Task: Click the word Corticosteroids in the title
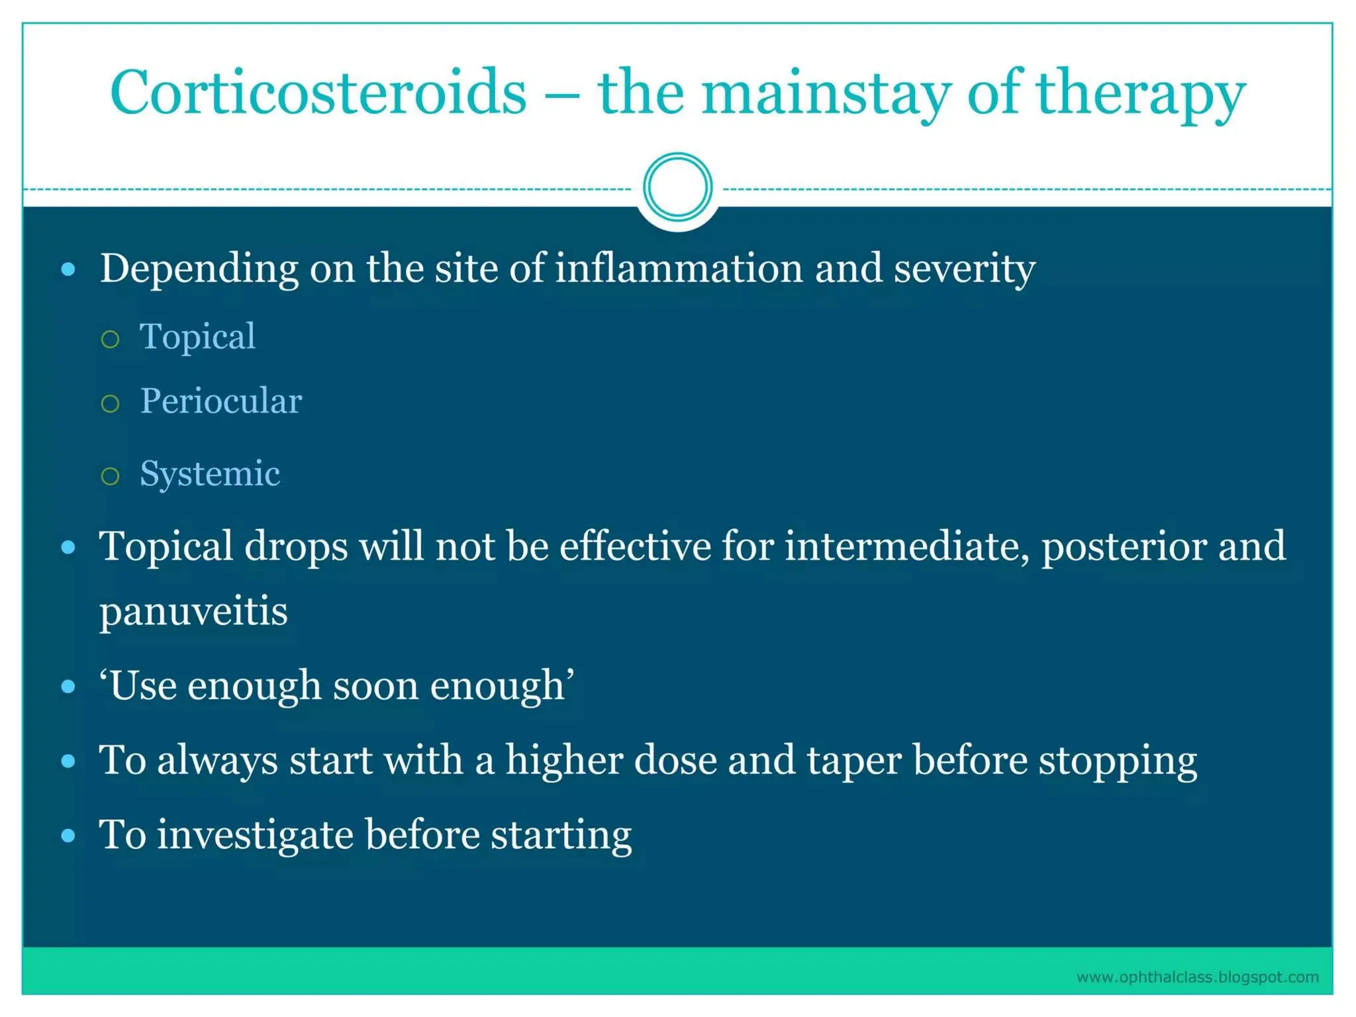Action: [x=318, y=93]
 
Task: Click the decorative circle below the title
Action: [x=677, y=187]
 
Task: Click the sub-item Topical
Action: [x=197, y=336]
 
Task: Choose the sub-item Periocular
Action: [x=221, y=401]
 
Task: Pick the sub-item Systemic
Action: [x=210, y=474]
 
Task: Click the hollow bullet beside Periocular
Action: [x=111, y=403]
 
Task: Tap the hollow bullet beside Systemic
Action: [x=111, y=475]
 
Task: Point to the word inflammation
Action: [x=679, y=269]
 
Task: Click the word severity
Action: [x=965, y=269]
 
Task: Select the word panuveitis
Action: [x=193, y=612]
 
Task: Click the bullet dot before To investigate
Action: [x=68, y=836]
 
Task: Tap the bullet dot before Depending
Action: [x=68, y=269]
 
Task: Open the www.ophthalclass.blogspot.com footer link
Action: [x=1197, y=977]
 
